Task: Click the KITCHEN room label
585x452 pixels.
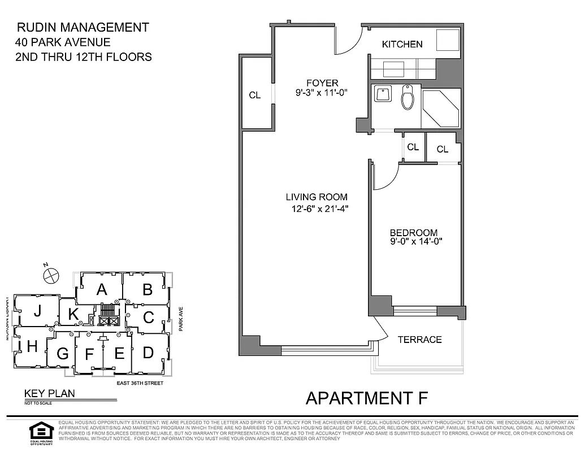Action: pyautogui.click(x=402, y=44)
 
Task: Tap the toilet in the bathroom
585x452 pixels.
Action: pyautogui.click(x=408, y=98)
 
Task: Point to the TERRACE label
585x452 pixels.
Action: pyautogui.click(x=419, y=340)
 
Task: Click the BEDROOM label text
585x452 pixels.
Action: pyautogui.click(x=414, y=232)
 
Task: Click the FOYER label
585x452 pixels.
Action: pyautogui.click(x=322, y=83)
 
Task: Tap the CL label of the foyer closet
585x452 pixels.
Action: pyautogui.click(x=255, y=95)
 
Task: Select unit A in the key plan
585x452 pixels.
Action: pyautogui.click(x=102, y=289)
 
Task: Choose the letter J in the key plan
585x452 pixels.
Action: pyautogui.click(x=37, y=310)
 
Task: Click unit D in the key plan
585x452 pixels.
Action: pyautogui.click(x=148, y=353)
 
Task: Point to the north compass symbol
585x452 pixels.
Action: pyautogui.click(x=51, y=275)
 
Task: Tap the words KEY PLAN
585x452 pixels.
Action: pyautogui.click(x=49, y=394)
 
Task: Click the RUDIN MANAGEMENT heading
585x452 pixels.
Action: pyautogui.click(x=83, y=27)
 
